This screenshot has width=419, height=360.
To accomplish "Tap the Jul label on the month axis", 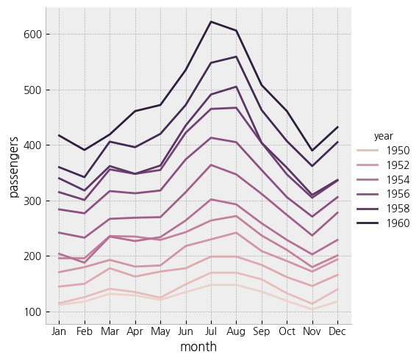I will [x=211, y=332].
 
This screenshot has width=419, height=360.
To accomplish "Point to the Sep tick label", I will [x=261, y=332].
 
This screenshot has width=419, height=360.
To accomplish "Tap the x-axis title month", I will [x=198, y=347].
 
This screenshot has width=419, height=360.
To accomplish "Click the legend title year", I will [x=383, y=136].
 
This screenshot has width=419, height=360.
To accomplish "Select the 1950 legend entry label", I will [x=398, y=151].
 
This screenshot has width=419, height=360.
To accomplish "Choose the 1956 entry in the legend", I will [x=398, y=193].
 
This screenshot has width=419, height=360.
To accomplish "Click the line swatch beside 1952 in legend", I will [x=368, y=165].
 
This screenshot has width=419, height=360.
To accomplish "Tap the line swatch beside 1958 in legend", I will [x=368, y=207].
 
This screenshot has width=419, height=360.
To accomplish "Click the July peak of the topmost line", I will [x=211, y=22].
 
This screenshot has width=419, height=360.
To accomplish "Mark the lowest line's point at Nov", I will [x=311, y=309].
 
